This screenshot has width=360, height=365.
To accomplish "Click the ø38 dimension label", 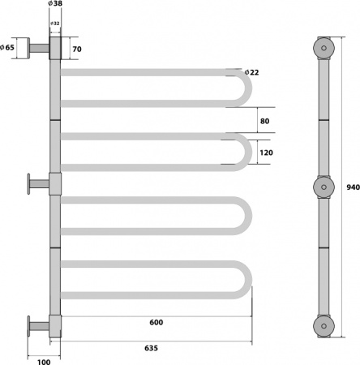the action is (x=55, y=3).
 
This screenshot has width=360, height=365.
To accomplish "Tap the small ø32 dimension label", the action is (x=55, y=24).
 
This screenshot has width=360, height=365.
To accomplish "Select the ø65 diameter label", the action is (x=7, y=47).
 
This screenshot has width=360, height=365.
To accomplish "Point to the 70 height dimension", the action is (x=77, y=49).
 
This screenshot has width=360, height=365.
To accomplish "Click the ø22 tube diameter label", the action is (x=251, y=72).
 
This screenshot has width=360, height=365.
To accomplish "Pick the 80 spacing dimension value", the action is (x=265, y=121).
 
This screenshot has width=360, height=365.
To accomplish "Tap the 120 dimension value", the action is (x=267, y=152).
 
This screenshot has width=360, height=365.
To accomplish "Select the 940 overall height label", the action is (x=354, y=187).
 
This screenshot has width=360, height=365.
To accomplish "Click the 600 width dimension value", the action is (x=156, y=322).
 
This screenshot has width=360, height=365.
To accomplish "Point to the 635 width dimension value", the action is (x=151, y=348).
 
